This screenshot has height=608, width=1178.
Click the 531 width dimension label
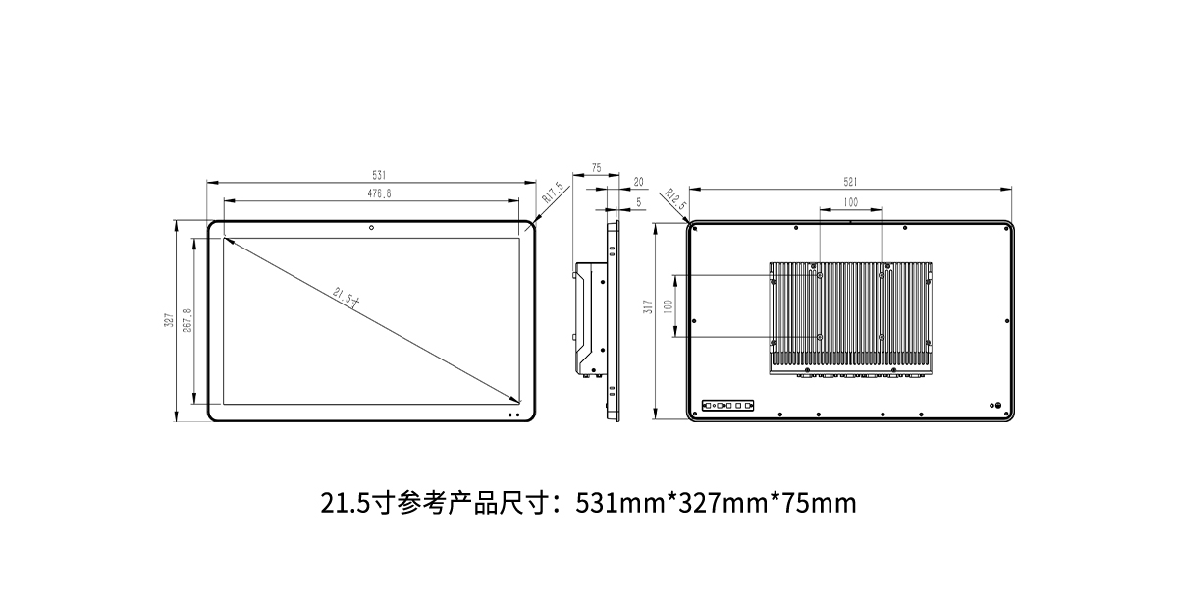[379, 175]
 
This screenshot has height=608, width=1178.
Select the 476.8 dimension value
[379, 193]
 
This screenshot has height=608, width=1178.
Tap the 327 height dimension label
[168, 320]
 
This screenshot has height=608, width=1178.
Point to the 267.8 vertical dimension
[187, 320]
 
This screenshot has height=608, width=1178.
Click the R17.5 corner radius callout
[553, 193]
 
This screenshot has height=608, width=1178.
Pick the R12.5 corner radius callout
[675, 199]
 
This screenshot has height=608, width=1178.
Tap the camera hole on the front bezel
[371, 228]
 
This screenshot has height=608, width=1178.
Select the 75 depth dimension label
[596, 168]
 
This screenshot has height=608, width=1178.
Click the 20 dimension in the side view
[638, 182]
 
